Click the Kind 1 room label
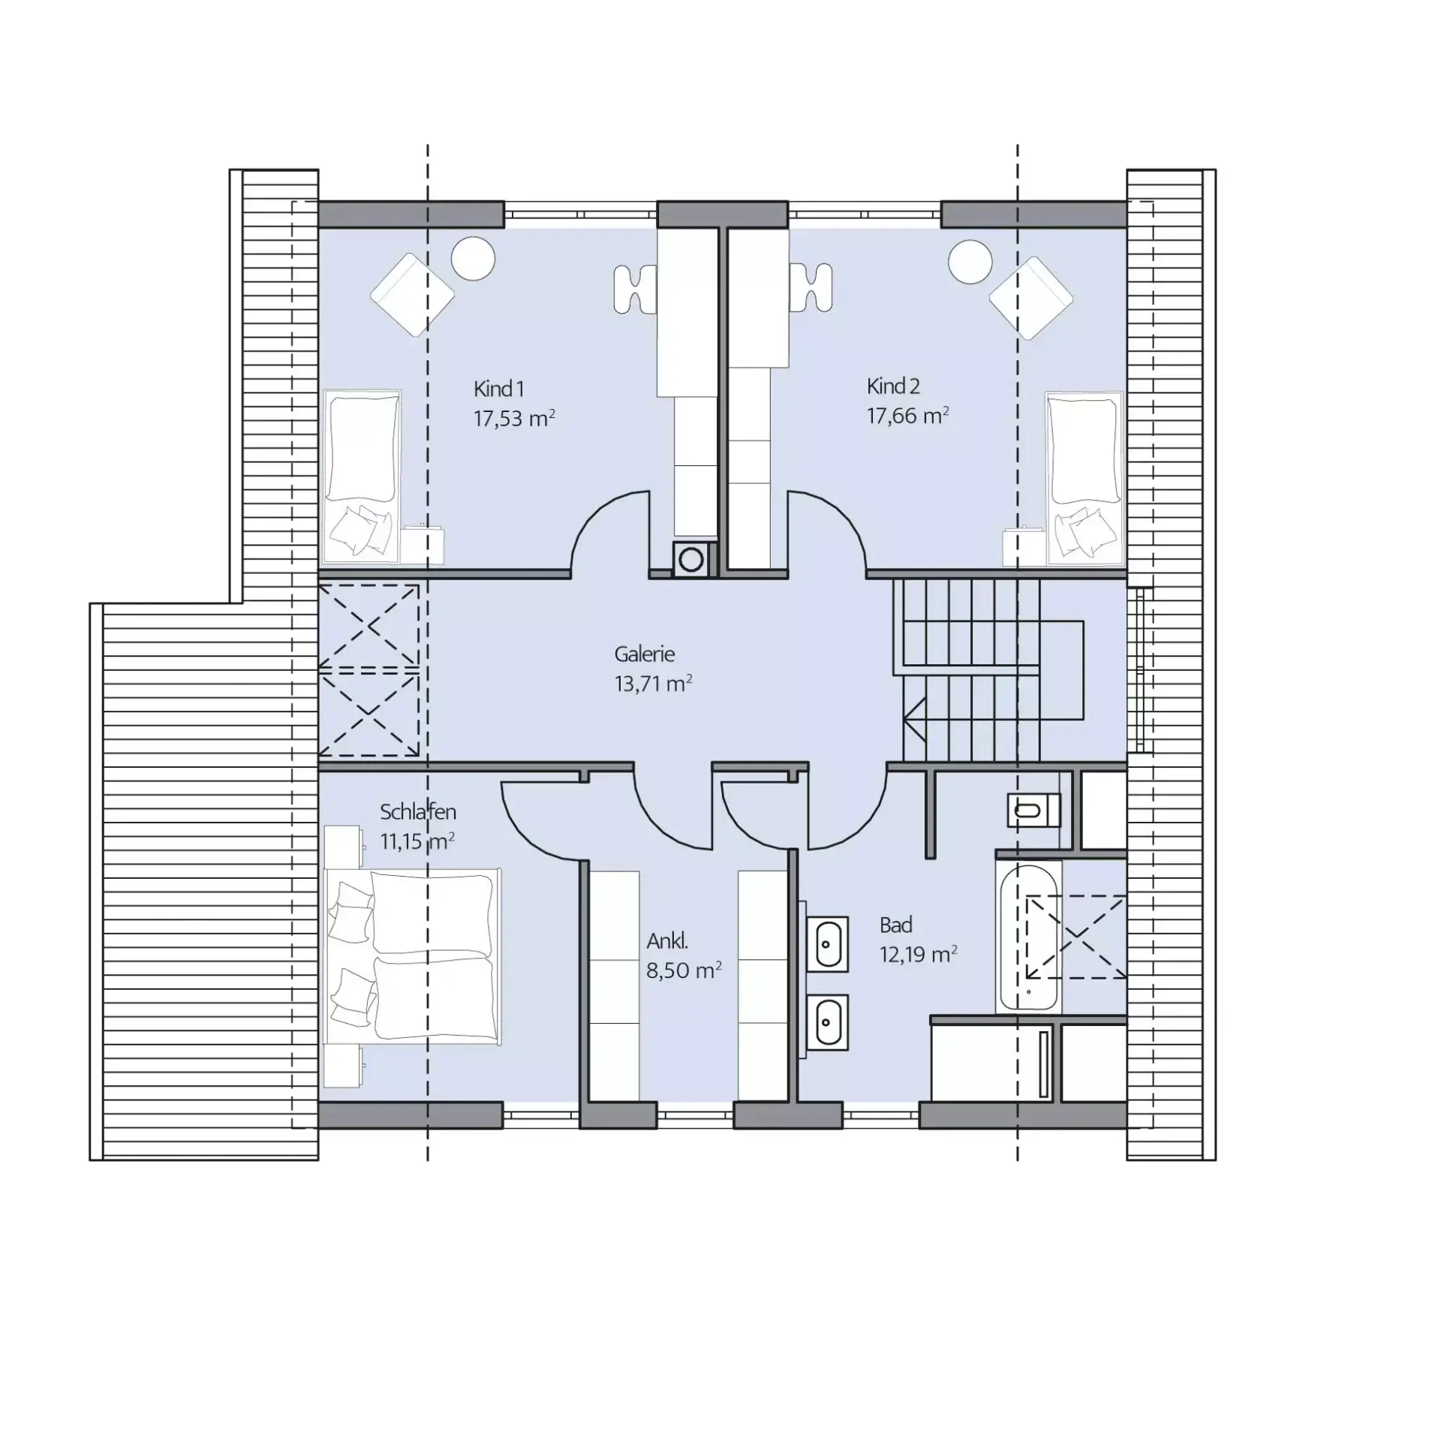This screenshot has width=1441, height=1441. coord(498,389)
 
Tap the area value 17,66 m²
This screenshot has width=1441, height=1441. coord(907,415)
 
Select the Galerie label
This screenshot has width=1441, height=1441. coord(644,654)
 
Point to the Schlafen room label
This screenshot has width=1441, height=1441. coord(417,811)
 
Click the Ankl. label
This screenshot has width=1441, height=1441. coord(667,940)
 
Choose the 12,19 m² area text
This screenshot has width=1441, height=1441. coord(918,954)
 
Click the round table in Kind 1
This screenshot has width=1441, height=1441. coord(473,258)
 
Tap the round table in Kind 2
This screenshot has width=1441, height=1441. coord(970,262)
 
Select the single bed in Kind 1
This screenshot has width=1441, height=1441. coord(361,476)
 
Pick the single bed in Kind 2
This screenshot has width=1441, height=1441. coord(1084,477)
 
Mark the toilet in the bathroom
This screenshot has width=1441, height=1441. coord(1033,810)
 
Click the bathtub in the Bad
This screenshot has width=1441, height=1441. coord(1029,936)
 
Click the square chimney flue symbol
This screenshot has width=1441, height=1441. coord(690,558)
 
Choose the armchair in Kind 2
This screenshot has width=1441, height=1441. coord(1031,296)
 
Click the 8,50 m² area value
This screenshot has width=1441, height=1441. coord(684,970)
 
